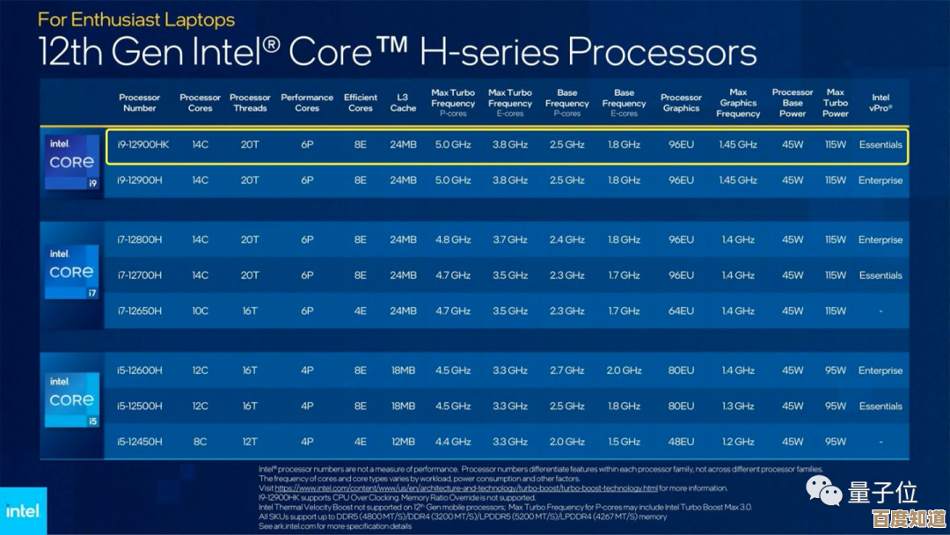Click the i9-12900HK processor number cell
[x=143, y=144]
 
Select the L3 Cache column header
[x=403, y=103]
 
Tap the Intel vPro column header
[x=881, y=103]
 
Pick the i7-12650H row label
[x=140, y=311]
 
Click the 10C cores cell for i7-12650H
[x=200, y=311]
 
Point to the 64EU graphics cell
[x=681, y=311]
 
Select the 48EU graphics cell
[x=681, y=442]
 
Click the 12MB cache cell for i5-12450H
[x=403, y=442]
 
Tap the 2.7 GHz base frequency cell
[x=567, y=370]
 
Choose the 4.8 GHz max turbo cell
[x=453, y=239]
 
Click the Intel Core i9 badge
[x=72, y=163]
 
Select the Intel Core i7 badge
[x=72, y=272]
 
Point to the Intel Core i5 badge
[x=72, y=400]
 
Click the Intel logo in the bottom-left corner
[x=23, y=510]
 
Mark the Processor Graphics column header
[x=681, y=103]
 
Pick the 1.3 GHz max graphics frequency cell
[x=738, y=407]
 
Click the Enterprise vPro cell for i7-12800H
[x=881, y=239]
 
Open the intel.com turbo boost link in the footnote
[x=466, y=488]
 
